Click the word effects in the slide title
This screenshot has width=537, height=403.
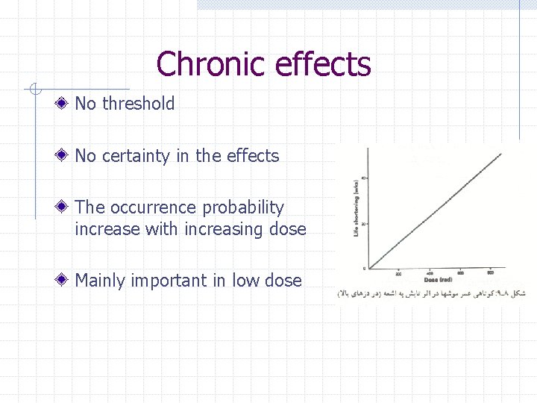[322, 64]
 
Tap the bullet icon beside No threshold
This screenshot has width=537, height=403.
[66, 104]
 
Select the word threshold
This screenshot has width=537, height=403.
[138, 104]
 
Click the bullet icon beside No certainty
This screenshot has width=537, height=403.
[66, 156]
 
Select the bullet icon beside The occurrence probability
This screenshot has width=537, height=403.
[66, 207]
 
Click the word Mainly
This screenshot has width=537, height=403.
[101, 281]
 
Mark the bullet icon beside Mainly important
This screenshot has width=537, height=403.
[66, 281]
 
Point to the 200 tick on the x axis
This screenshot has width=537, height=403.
[399, 273]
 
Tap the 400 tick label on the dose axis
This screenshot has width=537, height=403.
[430, 273]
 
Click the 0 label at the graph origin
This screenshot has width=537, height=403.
[365, 268]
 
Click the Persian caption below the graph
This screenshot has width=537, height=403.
[433, 293]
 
